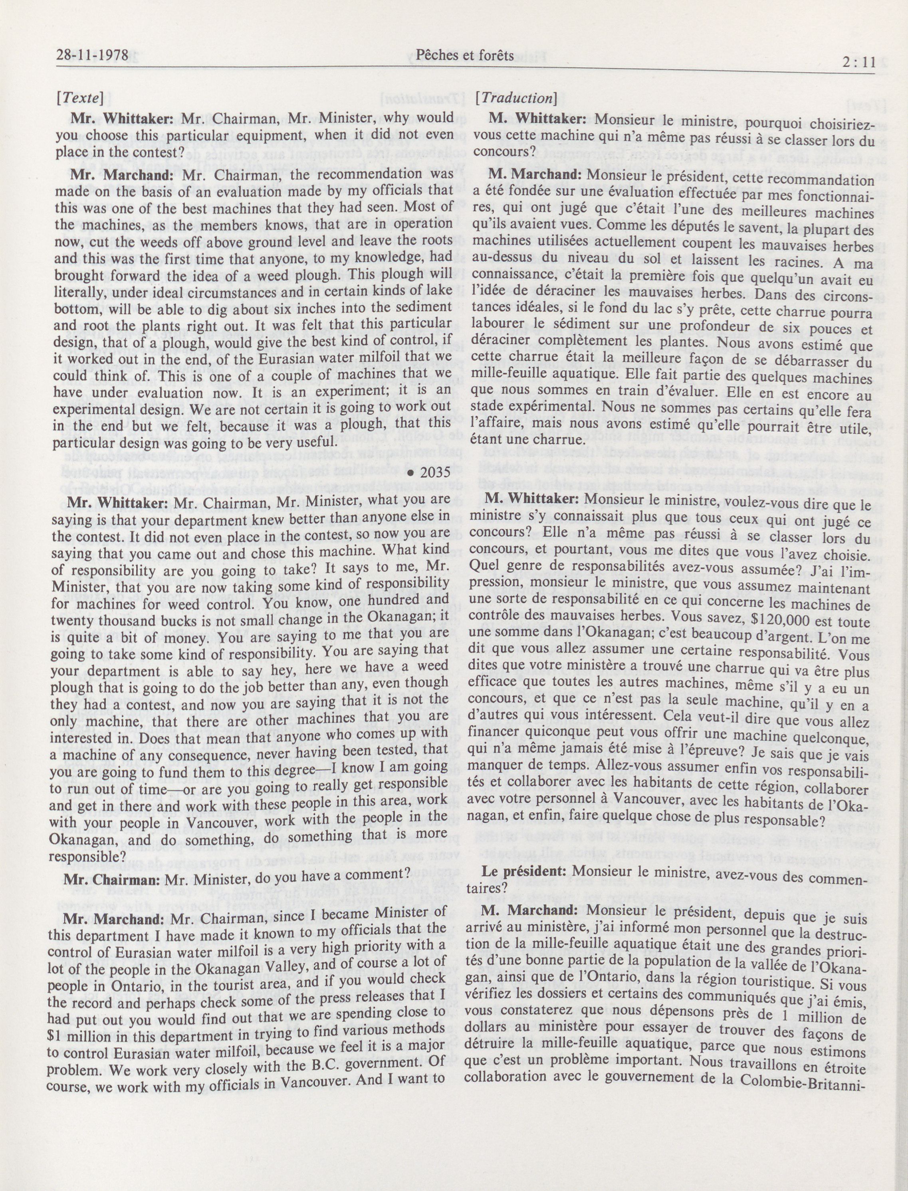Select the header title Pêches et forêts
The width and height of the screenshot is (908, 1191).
click(464, 55)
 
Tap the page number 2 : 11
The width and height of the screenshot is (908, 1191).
click(858, 62)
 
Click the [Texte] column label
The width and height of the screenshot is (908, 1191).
click(79, 98)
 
